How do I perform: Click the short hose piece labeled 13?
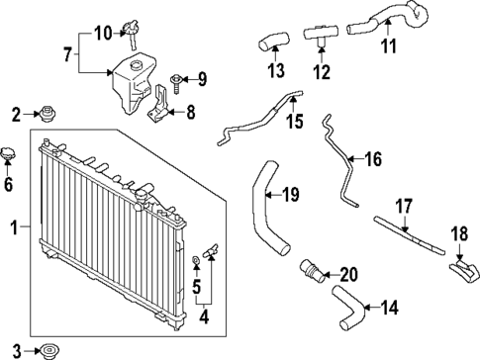pos(271,43)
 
